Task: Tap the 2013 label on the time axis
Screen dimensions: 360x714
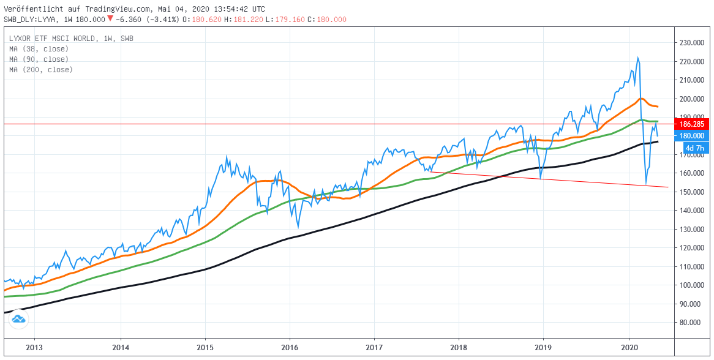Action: pos(34,346)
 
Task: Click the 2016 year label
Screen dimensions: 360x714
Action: pos(290,346)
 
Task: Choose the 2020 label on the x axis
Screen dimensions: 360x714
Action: pos(629,346)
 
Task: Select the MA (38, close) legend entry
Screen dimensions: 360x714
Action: pos(39,49)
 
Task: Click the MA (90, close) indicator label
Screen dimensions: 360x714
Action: pos(39,59)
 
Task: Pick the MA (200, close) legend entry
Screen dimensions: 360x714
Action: pos(41,70)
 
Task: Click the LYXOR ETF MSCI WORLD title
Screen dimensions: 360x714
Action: pos(53,39)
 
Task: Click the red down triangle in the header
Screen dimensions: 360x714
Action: pos(110,19)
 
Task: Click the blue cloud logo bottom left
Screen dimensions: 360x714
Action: pos(18,319)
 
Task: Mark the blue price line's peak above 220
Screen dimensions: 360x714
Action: pos(637,58)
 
